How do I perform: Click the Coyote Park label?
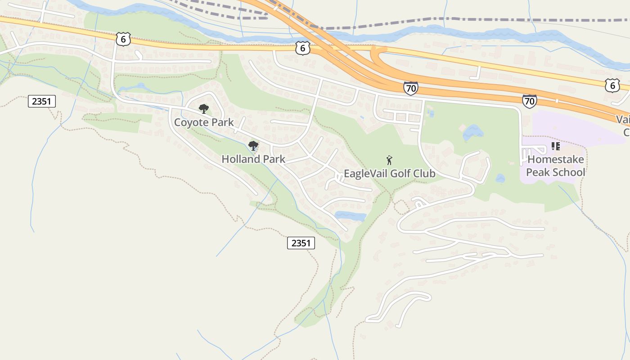204,122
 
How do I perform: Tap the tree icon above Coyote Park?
204,108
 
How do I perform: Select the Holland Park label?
253,159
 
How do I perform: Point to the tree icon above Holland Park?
253,145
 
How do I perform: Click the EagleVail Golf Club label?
389,173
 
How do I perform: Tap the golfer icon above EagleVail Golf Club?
389,160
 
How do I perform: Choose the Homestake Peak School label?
556,166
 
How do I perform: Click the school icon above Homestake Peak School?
556,146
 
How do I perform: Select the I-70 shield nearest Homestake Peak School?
530,101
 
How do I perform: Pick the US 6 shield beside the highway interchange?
303,47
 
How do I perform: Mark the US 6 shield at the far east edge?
612,85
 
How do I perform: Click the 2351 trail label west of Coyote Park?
42,101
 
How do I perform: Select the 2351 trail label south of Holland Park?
301,243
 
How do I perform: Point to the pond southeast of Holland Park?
351,216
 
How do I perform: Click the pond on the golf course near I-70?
472,132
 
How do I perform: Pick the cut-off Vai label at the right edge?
623,120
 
